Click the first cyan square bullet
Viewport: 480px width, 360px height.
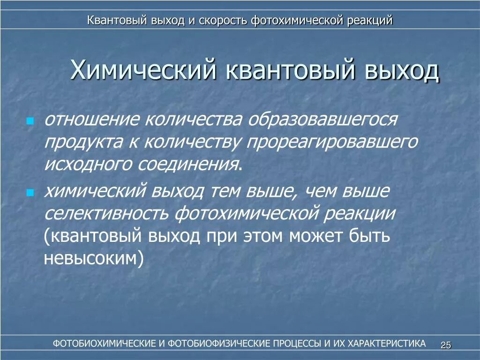30,121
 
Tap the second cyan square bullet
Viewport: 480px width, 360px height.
30,193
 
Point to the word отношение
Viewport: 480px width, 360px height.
92,120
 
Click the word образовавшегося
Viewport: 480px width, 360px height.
322,120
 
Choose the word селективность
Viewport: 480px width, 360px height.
107,214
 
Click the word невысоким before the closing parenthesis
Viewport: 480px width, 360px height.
90,259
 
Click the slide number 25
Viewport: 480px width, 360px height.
445,345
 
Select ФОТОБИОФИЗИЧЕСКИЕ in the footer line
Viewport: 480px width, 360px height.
219,344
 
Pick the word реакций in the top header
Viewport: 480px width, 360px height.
370,21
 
